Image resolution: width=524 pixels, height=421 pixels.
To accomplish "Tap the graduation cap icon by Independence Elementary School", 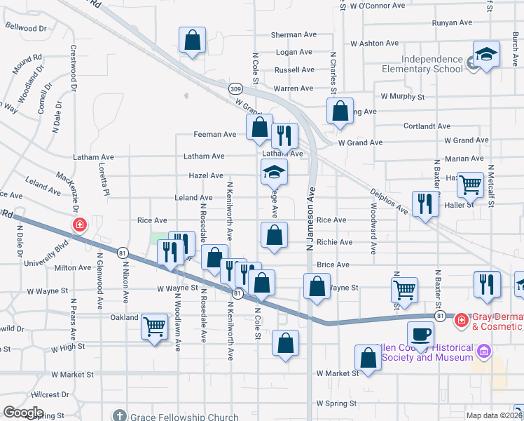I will coord(483,54).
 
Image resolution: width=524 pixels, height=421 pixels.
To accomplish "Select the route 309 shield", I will coord(235,89).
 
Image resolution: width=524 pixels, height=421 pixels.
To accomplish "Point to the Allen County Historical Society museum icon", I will coord(483,350).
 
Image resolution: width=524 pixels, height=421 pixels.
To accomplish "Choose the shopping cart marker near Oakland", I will coord(154,326).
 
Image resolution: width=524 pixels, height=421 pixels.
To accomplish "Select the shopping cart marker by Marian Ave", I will coord(470,185).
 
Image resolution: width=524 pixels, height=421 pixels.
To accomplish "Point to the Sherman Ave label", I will coord(294,34).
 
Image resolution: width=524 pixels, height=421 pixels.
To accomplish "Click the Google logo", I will coord(23,413).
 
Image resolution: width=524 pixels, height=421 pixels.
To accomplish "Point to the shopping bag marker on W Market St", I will coord(368,358).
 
